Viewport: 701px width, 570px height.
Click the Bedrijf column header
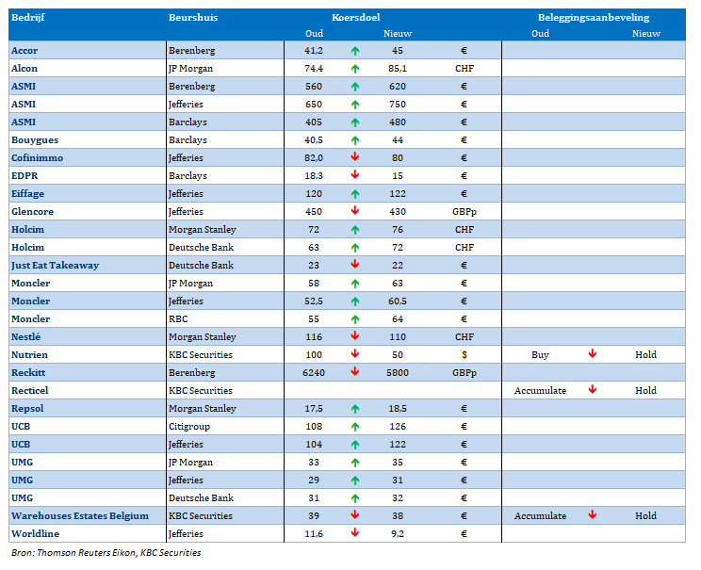point(27,18)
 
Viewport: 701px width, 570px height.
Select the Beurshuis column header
point(193,18)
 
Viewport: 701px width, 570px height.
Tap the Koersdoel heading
point(356,18)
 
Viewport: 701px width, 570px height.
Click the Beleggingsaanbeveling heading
point(594,18)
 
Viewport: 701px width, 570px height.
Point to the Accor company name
point(24,51)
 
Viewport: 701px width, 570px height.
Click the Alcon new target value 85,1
point(398,69)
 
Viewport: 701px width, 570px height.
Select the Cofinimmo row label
point(37,158)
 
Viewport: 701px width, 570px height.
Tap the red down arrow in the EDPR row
point(355,174)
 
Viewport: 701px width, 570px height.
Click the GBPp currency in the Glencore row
point(465,212)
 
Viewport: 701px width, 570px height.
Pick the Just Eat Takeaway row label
point(55,265)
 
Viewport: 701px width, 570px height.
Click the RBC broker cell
point(178,318)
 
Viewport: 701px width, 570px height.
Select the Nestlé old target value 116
point(314,336)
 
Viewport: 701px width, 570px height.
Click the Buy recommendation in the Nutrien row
point(540,355)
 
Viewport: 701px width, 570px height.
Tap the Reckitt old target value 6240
point(314,372)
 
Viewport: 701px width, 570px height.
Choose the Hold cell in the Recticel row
point(645,390)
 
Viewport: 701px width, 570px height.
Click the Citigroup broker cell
point(189,427)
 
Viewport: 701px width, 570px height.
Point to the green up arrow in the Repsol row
point(355,409)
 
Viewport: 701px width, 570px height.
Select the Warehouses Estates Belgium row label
point(80,516)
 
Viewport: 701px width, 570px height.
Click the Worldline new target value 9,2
point(398,534)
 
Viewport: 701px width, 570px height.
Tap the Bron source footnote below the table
point(106,552)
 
